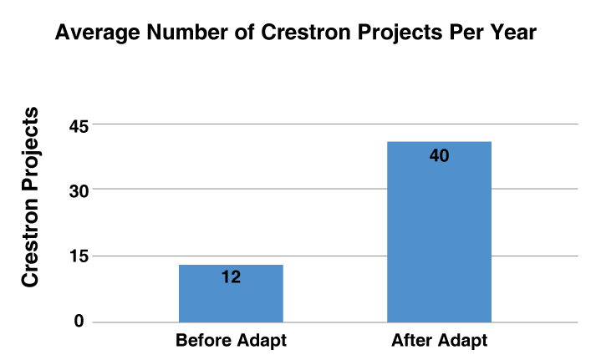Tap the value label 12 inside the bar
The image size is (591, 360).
click(232, 276)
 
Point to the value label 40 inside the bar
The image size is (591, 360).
click(440, 155)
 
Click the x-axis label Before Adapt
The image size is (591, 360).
click(231, 342)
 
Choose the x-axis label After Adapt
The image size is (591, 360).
click(439, 342)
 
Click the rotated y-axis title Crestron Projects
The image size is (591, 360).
click(30, 197)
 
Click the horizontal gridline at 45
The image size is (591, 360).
click(334, 124)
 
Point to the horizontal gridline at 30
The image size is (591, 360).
click(334, 190)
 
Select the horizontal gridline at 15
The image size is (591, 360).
click(334, 256)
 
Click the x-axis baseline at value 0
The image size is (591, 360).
click(334, 322)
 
